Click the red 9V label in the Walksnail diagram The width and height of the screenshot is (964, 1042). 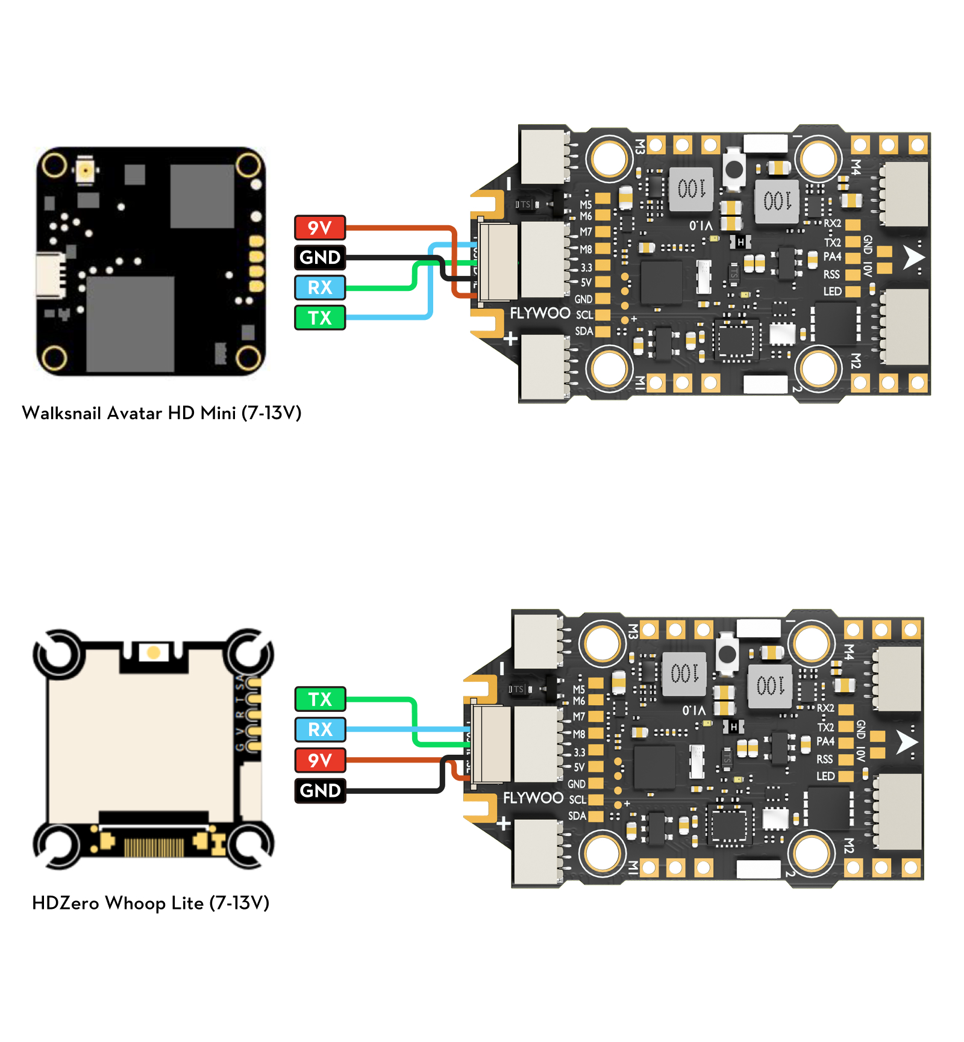(320, 228)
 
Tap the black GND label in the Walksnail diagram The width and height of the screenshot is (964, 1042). (320, 257)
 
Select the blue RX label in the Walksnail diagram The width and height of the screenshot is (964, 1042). (320, 287)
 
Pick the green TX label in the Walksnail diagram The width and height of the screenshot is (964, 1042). (320, 317)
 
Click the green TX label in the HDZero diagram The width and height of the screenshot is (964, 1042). (320, 699)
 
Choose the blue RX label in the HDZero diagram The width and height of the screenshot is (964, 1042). (320, 729)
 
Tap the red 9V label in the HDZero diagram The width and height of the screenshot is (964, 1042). (320, 760)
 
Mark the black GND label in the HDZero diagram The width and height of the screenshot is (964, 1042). (320, 790)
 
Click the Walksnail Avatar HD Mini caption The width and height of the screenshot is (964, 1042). (161, 413)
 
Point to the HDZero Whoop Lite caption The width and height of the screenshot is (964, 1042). (151, 903)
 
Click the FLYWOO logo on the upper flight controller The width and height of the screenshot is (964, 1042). (540, 313)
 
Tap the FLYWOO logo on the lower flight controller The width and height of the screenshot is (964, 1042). (533, 798)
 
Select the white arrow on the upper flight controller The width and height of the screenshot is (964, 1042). (913, 257)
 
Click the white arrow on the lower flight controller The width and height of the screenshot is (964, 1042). (906, 742)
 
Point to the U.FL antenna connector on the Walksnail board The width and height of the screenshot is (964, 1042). (85, 171)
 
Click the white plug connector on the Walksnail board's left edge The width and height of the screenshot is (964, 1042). (51, 275)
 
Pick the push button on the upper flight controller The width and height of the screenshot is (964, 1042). (734, 169)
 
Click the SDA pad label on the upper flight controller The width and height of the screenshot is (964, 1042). (584, 331)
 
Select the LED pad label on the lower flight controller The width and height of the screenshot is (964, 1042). (825, 776)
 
